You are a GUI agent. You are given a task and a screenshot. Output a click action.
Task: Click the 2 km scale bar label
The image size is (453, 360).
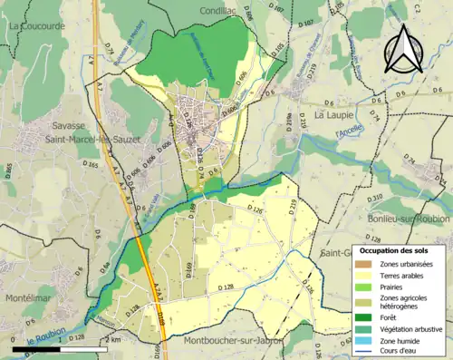113,339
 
